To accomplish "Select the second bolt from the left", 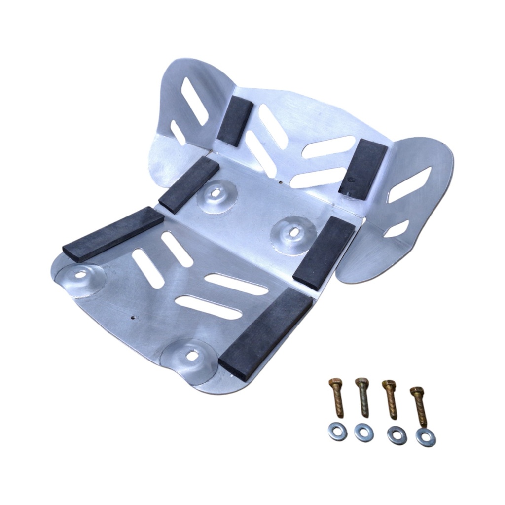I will coord(362,397).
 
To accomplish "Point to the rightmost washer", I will coord(426,437).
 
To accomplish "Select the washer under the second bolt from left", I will coord(364,433).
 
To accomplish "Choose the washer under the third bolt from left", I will coord(397,435).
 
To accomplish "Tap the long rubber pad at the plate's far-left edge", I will coord(113,234).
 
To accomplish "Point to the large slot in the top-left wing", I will coord(194,101).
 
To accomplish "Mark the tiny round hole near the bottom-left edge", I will coord(132,318).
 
